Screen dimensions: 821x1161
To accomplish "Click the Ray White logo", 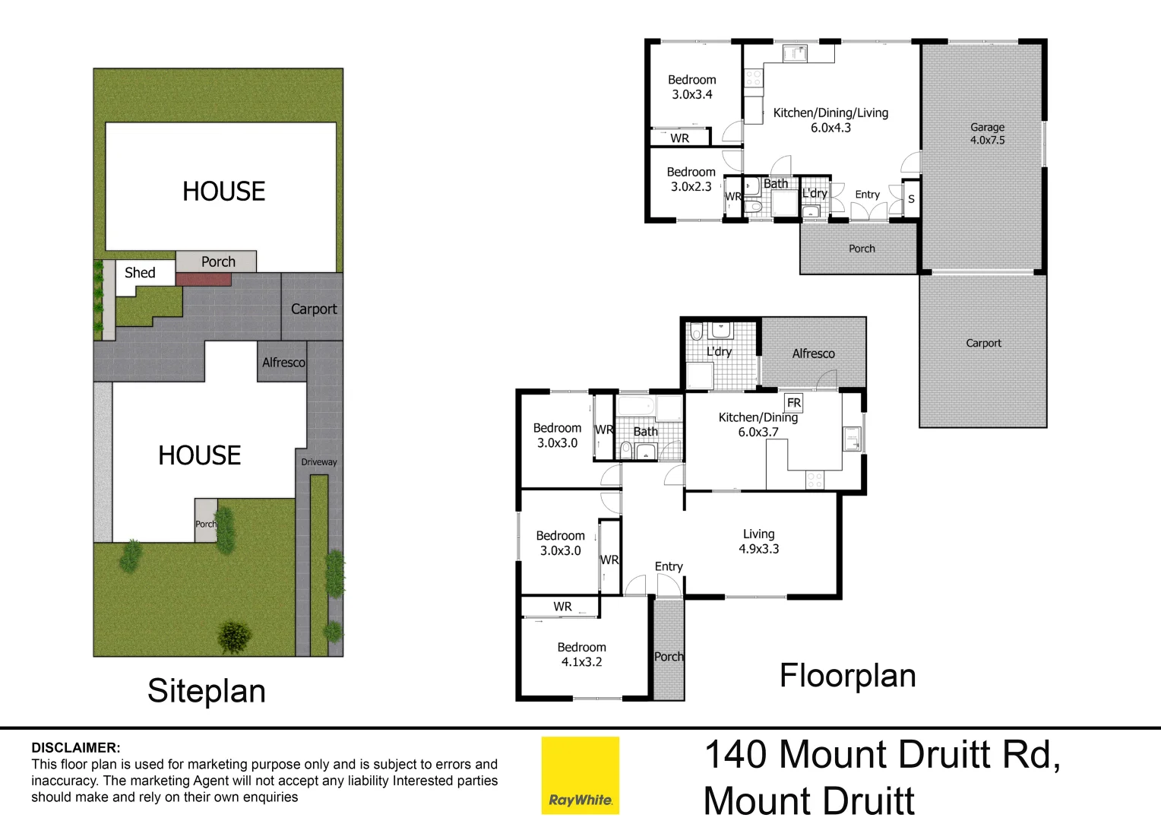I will (580, 775).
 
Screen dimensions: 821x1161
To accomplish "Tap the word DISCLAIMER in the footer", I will (75, 748).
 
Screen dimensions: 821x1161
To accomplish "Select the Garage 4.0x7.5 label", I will (987, 134).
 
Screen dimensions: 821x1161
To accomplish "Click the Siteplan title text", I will (206, 691).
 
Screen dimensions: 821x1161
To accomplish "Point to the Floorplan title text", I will (847, 676).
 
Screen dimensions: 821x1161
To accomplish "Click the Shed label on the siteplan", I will (140, 273).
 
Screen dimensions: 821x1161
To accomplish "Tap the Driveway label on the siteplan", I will (318, 462).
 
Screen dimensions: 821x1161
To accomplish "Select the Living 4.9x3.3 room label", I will (758, 541).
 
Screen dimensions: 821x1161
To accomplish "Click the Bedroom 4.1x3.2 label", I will (581, 655).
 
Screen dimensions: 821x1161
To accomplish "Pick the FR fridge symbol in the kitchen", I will (793, 403).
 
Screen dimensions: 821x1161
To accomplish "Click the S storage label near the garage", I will (911, 199).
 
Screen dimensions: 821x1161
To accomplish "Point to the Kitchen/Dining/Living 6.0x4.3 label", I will (830, 120).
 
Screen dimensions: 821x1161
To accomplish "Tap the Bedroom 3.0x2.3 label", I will (691, 179).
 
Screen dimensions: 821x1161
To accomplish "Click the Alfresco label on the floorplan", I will (813, 353).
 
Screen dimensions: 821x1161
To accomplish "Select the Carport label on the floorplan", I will (983, 344).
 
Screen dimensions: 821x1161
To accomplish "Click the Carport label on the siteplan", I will (313, 309).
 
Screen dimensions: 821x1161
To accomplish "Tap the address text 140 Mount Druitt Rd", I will (881, 756).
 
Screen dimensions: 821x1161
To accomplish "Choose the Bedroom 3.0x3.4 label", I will (691, 87).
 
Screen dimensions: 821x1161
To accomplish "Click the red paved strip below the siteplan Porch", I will (203, 280).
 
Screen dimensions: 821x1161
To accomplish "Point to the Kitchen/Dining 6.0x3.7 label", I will (758, 425).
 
